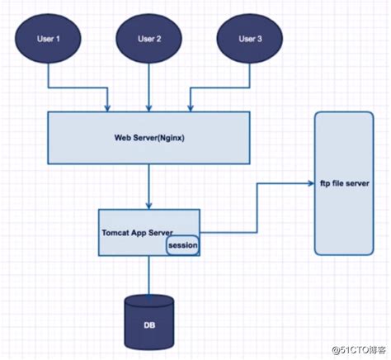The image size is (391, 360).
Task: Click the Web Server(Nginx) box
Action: click(x=148, y=137)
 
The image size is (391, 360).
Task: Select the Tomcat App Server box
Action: click(x=148, y=232)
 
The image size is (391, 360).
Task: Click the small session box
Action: click(x=181, y=245)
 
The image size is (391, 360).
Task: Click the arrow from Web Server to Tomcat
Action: click(x=148, y=187)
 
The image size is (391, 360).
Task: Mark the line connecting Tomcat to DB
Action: click(x=148, y=276)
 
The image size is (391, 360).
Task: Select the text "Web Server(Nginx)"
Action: click(x=148, y=137)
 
